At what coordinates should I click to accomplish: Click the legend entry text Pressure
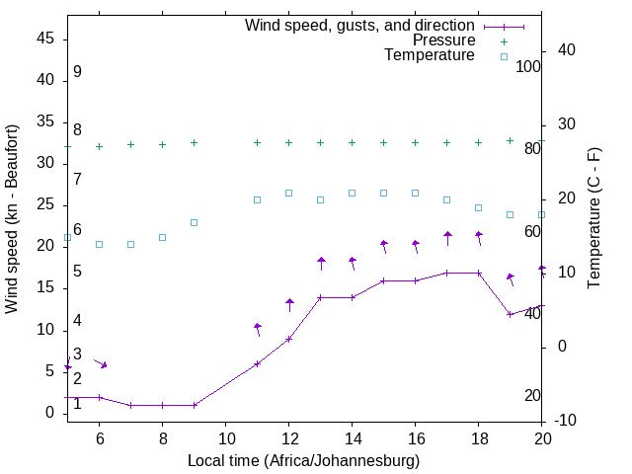(443, 40)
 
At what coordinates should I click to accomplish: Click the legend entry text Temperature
(430, 55)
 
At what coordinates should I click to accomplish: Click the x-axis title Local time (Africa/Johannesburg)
(304, 461)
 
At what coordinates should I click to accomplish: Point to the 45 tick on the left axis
(45, 39)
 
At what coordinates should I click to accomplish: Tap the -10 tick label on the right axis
(567, 421)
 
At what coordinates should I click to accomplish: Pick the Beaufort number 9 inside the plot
(77, 72)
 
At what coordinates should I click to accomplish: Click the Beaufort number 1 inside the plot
(77, 403)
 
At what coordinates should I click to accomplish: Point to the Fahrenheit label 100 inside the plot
(528, 66)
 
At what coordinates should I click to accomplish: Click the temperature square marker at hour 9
(194, 222)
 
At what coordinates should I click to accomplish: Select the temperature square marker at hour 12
(288, 193)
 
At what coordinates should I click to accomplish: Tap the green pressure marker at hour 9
(194, 142)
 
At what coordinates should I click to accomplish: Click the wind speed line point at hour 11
(257, 363)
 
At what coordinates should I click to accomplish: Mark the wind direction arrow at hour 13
(321, 263)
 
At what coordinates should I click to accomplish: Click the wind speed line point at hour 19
(511, 314)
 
